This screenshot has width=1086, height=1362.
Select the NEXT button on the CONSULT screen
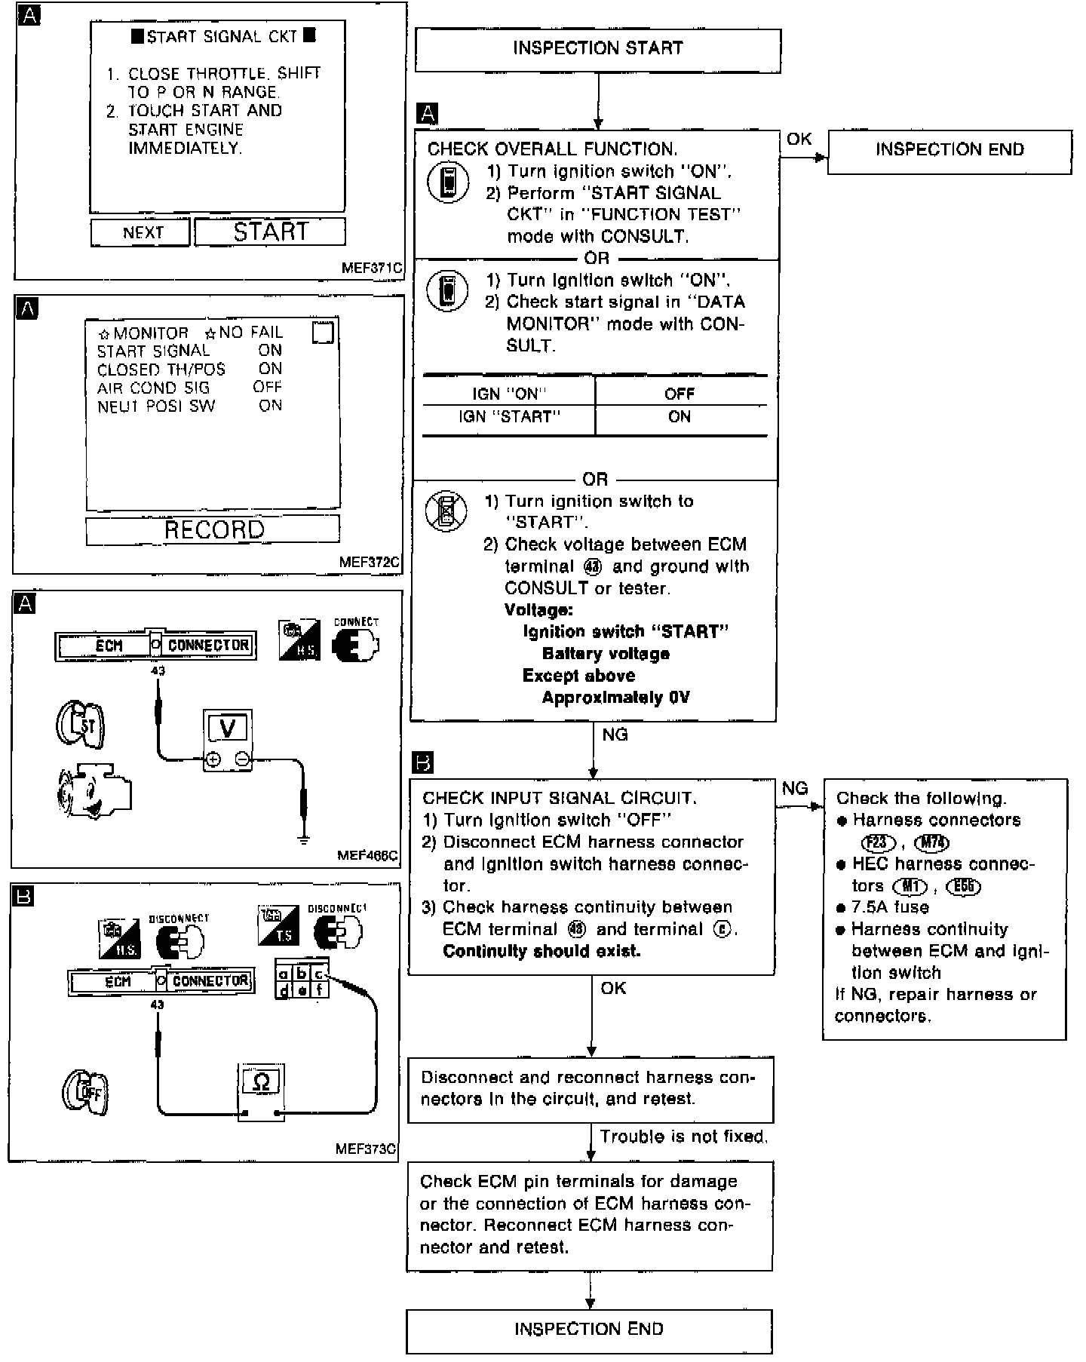[141, 232]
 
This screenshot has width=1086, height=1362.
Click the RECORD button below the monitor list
[213, 529]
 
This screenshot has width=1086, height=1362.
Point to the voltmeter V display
[228, 729]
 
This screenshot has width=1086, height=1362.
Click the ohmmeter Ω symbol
[261, 1083]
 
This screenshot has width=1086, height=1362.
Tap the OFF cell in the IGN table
[680, 393]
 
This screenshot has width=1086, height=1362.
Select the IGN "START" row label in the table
[509, 417]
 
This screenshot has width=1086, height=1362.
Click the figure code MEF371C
[371, 268]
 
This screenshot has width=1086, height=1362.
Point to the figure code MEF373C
[367, 1149]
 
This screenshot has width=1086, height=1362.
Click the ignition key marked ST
[81, 725]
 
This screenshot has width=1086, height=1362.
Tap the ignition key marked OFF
[85, 1092]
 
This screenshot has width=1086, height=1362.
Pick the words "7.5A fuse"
[890, 907]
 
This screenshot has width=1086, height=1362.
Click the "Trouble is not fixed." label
[683, 1137]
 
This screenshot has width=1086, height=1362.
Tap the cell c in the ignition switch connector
[319, 974]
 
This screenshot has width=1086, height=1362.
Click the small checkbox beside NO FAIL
[323, 333]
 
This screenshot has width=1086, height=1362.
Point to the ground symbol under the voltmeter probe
[303, 839]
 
